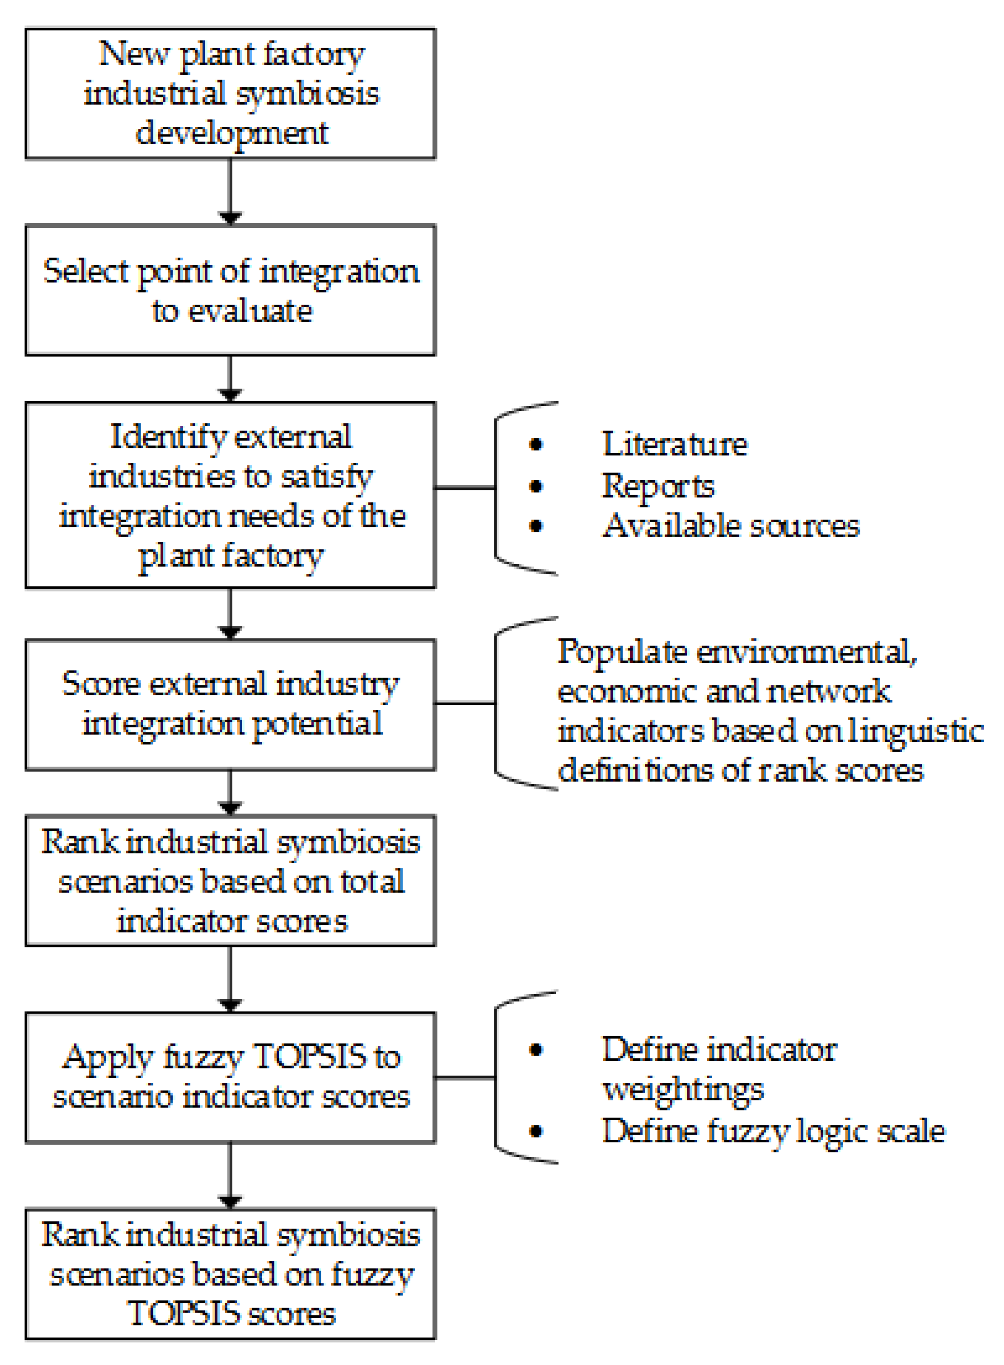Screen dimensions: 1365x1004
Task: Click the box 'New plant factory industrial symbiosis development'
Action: click(x=231, y=93)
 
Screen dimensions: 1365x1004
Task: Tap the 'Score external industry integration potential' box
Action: click(x=231, y=704)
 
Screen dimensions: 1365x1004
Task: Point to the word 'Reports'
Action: click(x=658, y=486)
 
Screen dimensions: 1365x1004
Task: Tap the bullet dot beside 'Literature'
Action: click(x=535, y=445)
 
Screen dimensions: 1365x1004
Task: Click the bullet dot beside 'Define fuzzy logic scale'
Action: click(x=535, y=1132)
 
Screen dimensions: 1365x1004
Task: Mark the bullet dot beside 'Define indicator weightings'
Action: click(x=535, y=1050)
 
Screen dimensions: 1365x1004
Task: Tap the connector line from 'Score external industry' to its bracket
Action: click(x=465, y=703)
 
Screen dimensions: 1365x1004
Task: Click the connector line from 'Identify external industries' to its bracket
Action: click(x=465, y=487)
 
